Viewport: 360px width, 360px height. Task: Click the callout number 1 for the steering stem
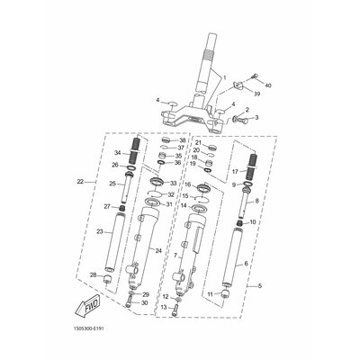(226, 78)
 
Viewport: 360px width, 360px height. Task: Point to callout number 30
(145, 328)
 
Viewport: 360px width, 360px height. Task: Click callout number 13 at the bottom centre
(164, 332)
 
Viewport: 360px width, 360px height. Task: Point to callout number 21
(197, 142)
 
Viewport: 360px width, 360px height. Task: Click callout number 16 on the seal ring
(188, 184)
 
